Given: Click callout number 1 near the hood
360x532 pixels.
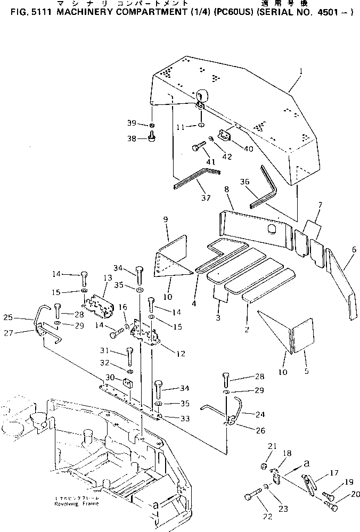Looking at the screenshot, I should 301,71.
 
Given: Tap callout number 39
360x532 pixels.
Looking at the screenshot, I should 132,124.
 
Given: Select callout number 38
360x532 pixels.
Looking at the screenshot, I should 132,138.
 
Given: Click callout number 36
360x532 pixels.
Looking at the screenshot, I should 244,181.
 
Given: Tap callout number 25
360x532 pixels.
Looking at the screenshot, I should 22,318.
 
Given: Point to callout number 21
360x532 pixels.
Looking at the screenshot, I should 270,446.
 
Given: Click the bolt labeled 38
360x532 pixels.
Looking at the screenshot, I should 151,140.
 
